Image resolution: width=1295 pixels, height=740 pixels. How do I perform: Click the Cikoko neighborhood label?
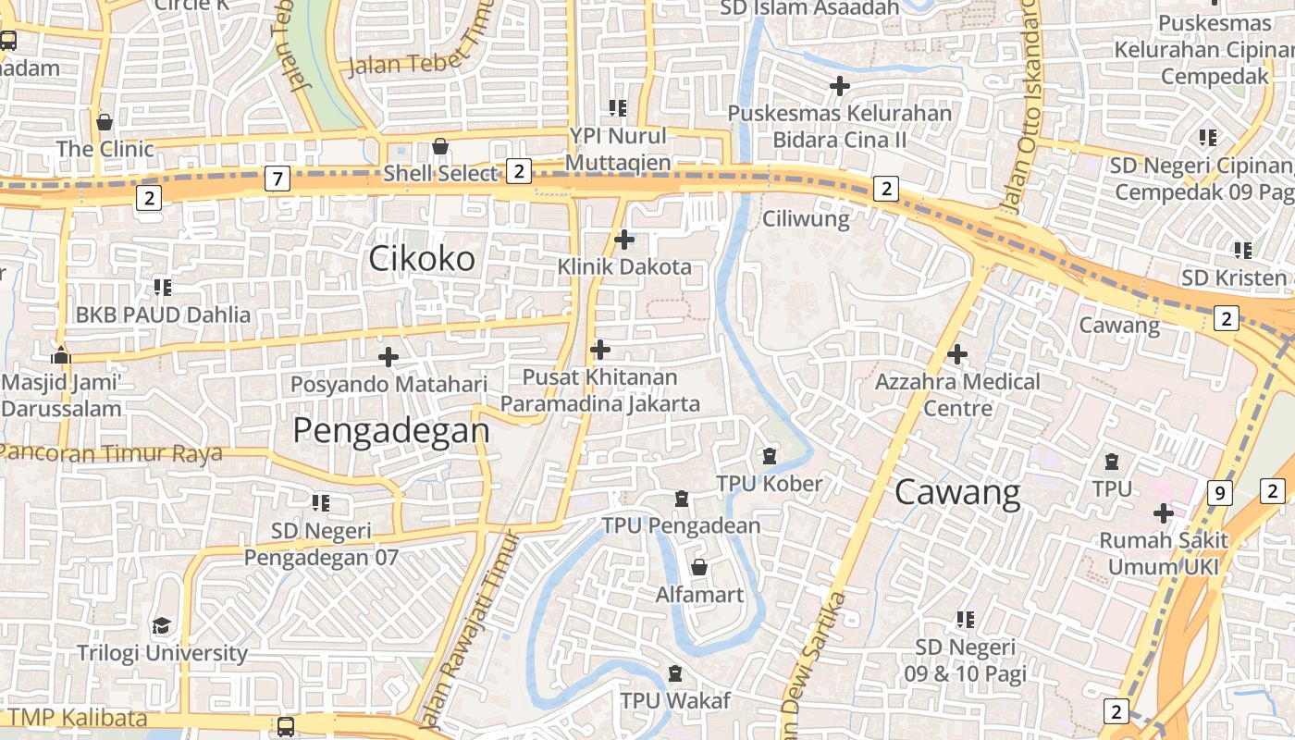click(422, 259)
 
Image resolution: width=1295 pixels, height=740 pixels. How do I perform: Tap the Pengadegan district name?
click(391, 430)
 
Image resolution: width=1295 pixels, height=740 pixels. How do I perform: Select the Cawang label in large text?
click(957, 493)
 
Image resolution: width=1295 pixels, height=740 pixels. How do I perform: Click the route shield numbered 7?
click(277, 179)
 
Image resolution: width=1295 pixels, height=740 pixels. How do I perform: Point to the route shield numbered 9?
click(1220, 493)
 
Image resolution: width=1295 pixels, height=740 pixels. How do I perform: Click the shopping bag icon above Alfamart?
click(699, 566)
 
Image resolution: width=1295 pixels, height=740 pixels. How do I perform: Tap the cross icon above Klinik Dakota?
click(624, 240)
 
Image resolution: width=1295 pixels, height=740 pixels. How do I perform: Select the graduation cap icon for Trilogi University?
click(162, 626)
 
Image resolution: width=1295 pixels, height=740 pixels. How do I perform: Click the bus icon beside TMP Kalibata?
click(286, 726)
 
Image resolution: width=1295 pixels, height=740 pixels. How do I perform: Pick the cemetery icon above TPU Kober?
click(769, 455)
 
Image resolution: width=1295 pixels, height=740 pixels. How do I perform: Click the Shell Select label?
click(440, 173)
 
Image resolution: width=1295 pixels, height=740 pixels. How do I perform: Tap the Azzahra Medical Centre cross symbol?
click(957, 353)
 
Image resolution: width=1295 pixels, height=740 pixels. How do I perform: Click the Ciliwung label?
click(806, 219)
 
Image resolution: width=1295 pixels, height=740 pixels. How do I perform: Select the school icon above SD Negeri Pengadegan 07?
click(321, 503)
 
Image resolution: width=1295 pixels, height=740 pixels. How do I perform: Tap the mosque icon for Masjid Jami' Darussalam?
click(61, 355)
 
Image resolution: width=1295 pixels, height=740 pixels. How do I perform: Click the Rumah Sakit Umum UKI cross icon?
click(1163, 512)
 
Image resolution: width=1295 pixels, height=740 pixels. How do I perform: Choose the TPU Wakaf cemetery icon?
click(675, 673)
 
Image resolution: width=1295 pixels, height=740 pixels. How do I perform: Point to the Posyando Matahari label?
click(388, 384)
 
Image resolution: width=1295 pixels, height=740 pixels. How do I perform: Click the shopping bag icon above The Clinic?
click(105, 122)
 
